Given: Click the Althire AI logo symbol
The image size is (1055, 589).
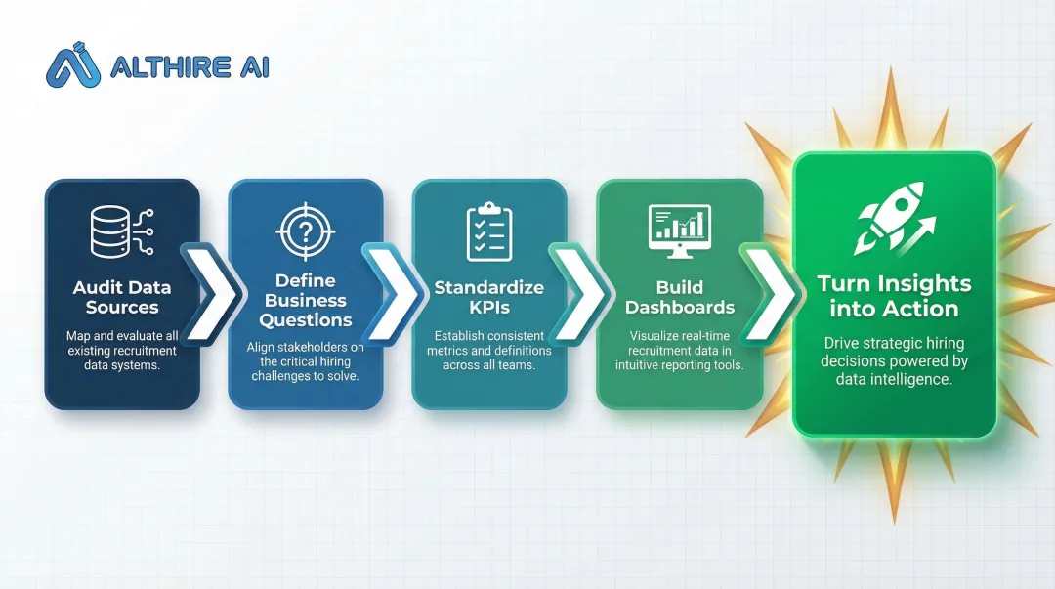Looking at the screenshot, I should coord(74,64).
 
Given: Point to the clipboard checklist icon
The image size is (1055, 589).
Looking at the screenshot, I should coord(489,232).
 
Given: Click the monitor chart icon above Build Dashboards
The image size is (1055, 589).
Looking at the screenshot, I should coord(680,232).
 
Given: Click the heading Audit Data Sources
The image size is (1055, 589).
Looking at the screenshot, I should coord(122,297).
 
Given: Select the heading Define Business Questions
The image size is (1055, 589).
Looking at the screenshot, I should coord(306,301).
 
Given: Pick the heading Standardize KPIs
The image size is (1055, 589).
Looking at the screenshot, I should coord(489,297).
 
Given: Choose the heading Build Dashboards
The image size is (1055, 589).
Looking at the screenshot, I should coord(680,297).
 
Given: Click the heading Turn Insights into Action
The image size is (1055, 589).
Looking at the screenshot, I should coord(894,296).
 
